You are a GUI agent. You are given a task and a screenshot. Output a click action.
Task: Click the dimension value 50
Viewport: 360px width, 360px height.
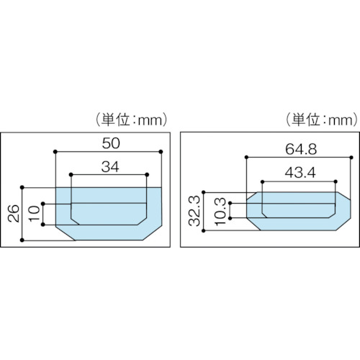point(111,143)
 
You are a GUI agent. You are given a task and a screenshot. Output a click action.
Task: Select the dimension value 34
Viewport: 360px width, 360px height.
point(110,167)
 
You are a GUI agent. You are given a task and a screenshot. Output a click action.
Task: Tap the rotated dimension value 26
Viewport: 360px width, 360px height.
point(13,213)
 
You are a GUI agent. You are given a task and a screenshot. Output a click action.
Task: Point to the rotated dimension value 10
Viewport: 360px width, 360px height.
point(35,213)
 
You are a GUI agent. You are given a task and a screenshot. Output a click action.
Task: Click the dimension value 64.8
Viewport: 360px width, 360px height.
point(301,149)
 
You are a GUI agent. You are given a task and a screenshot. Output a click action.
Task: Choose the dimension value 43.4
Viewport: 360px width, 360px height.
point(300,173)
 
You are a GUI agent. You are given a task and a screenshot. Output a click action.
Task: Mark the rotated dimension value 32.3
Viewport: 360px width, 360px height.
point(194,211)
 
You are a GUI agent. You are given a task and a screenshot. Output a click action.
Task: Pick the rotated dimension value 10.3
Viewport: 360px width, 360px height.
point(220,211)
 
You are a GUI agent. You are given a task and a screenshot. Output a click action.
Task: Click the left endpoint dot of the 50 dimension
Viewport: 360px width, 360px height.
point(55,152)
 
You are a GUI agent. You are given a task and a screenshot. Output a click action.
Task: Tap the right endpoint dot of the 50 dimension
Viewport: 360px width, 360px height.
point(161,152)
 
